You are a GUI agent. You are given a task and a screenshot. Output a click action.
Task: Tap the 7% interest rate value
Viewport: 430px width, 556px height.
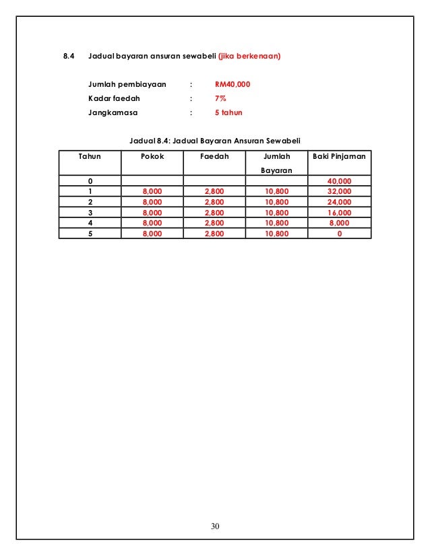[x=220, y=99]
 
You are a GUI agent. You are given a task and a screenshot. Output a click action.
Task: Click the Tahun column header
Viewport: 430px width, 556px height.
[x=90, y=156]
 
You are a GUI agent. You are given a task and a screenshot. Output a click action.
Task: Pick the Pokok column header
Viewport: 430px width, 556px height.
[x=152, y=156]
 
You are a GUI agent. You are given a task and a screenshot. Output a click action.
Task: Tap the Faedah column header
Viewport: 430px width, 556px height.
[x=214, y=156]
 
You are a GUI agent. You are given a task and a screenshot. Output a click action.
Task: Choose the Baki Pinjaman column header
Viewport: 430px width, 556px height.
[x=340, y=156]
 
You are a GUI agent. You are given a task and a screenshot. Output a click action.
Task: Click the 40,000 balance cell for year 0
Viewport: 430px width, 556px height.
[x=339, y=181]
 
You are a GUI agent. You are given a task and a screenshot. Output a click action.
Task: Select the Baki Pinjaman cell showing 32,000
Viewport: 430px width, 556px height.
[x=339, y=191]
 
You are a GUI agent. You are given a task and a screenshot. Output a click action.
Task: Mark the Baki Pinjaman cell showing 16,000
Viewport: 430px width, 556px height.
[x=339, y=211]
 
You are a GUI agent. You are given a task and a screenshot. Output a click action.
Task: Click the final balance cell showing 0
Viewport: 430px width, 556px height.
[x=339, y=234]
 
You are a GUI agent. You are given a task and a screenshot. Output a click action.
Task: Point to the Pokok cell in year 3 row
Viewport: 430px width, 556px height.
[x=152, y=211]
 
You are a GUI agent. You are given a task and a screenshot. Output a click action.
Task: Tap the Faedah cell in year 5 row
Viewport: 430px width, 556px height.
[x=214, y=234]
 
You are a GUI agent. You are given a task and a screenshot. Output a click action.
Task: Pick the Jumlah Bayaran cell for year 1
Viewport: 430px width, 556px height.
[x=277, y=191]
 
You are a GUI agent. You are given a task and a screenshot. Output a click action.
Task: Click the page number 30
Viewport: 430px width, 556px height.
[x=215, y=526]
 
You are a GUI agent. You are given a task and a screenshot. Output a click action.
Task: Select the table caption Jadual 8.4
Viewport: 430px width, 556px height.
[x=215, y=140]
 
